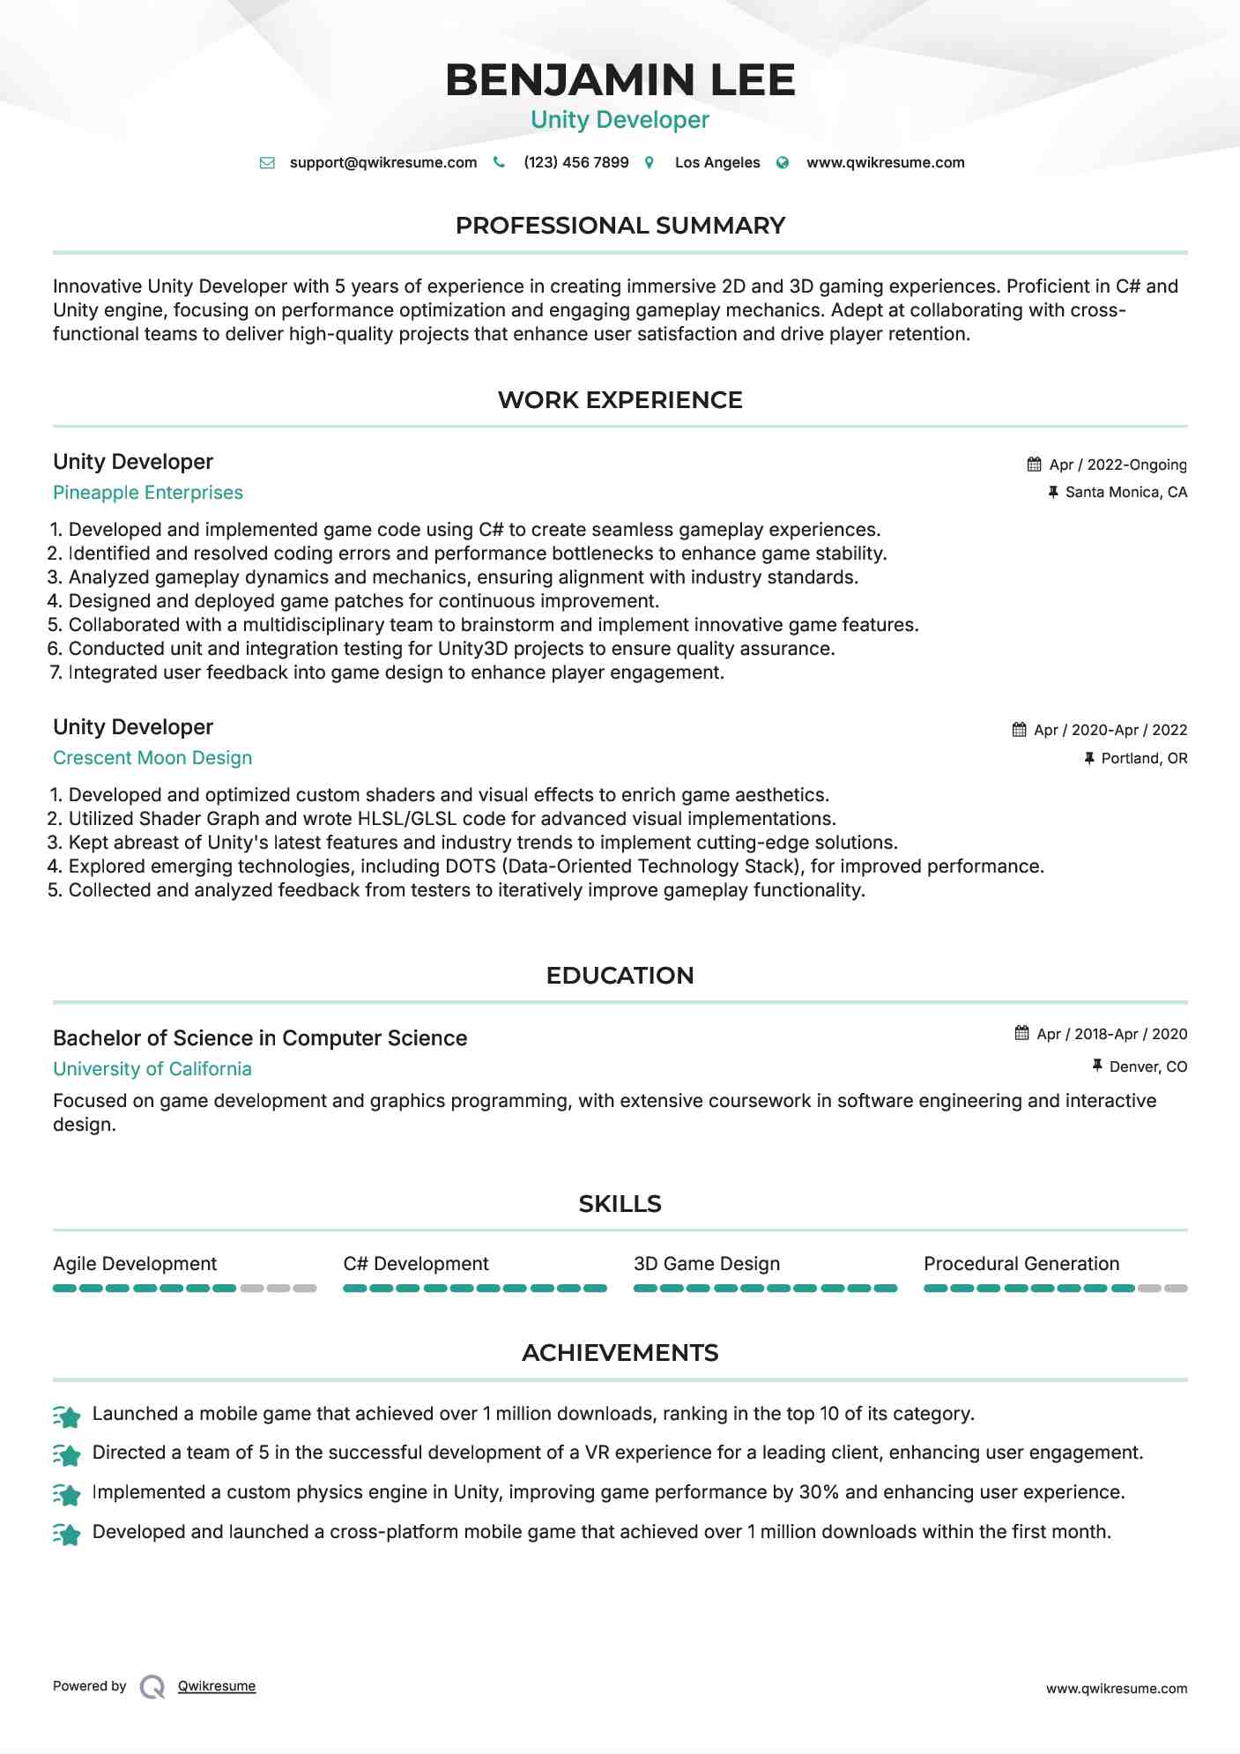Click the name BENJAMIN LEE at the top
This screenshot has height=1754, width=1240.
(620, 80)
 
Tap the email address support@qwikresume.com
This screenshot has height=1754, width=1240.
(382, 162)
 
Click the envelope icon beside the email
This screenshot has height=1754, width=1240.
(267, 163)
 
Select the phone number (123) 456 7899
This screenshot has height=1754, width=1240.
(575, 162)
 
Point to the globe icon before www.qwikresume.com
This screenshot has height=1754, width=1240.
(783, 163)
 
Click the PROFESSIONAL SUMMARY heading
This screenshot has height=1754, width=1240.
(620, 226)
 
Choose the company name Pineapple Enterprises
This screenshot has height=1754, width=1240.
(148, 493)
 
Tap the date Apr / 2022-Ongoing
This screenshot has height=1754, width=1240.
(1117, 465)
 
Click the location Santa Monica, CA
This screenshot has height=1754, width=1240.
(1125, 492)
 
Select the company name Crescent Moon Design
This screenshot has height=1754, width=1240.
(152, 758)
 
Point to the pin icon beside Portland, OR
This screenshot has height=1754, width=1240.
(1089, 758)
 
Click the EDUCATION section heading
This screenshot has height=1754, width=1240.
(620, 976)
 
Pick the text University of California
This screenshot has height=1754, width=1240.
(152, 1069)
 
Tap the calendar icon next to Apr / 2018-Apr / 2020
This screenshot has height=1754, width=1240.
(1022, 1033)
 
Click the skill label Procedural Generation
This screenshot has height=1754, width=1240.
(1021, 1264)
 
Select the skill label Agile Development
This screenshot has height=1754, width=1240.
(135, 1264)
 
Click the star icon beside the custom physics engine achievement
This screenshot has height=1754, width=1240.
(67, 1494)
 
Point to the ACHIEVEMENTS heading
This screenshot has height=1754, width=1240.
(620, 1353)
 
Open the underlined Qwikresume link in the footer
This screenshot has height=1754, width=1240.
(217, 1686)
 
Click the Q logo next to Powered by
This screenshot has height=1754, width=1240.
(152, 1687)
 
